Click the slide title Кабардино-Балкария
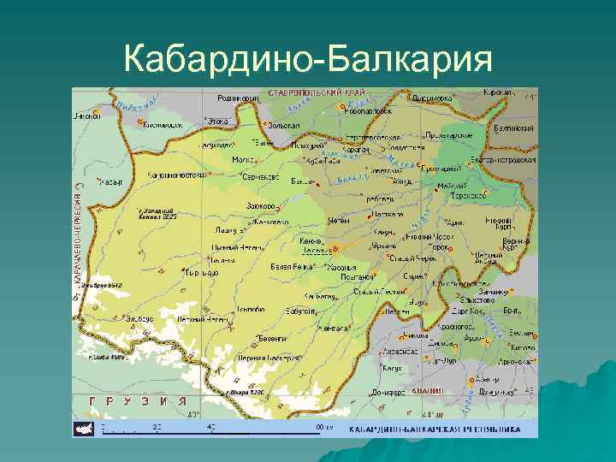coord(308,60)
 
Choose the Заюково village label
coord(260,206)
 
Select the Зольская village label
coord(284,125)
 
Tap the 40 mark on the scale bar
coord(210,425)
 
